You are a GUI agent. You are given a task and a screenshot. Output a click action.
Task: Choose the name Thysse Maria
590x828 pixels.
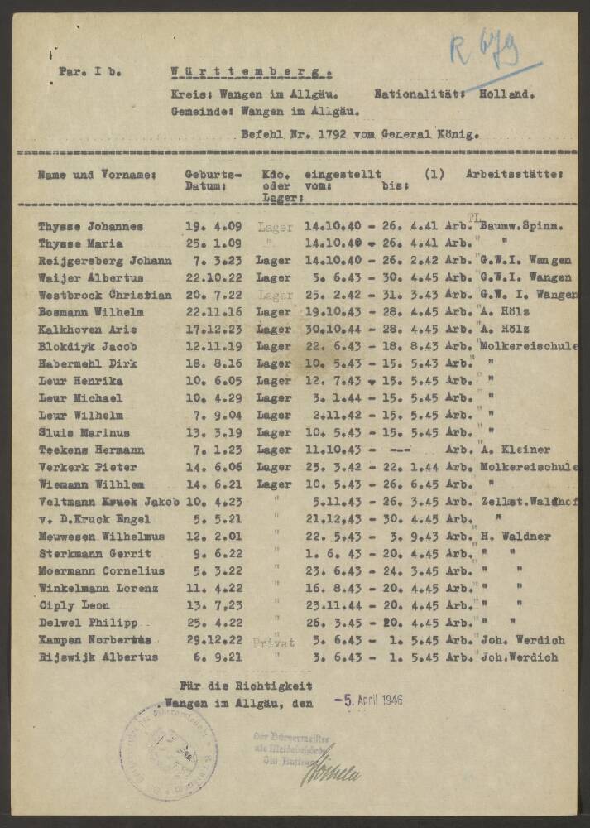pos(80,243)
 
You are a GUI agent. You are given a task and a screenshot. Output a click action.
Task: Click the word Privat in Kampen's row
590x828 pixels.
pos(273,642)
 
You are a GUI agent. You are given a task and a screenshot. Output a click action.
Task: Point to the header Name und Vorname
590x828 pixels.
pos(97,175)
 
